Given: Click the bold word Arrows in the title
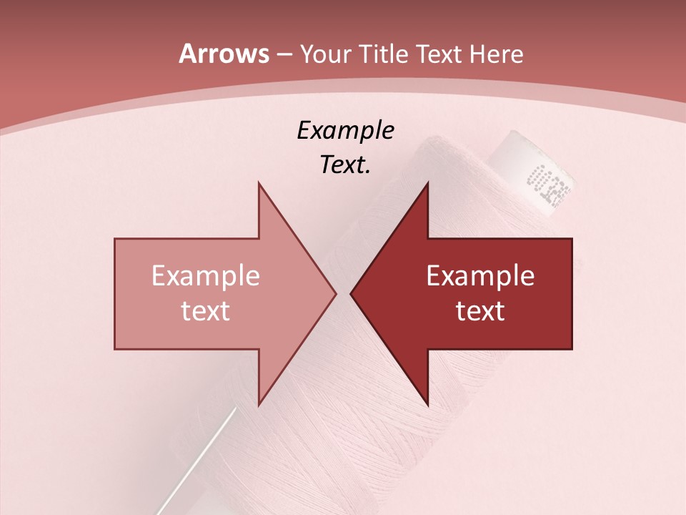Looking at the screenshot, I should click(224, 54).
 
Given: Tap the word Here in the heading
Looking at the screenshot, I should click(495, 54).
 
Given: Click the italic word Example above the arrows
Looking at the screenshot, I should click(345, 130).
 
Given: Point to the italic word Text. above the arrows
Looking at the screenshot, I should click(345, 165).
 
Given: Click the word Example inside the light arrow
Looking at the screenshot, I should click(206, 275).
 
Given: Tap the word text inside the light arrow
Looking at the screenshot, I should click(206, 310).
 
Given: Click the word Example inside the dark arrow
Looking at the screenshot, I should click(480, 275).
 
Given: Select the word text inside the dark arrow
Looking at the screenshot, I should click(480, 310).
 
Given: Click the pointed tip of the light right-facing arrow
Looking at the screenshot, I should click(334, 293).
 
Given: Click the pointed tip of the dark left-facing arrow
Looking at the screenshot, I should click(352, 293).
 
